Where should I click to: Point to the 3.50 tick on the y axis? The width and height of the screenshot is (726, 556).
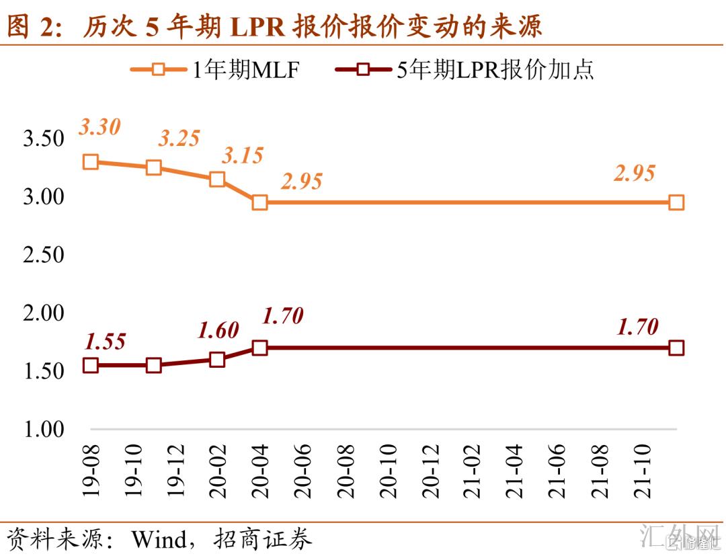44,139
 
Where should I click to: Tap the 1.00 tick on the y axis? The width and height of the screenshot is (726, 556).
44,429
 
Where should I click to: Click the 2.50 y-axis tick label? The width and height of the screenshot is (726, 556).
44,255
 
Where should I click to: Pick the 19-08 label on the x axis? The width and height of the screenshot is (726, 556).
91,470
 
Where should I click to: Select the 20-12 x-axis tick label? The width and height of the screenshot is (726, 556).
431,470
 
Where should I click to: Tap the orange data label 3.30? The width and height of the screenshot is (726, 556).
99,126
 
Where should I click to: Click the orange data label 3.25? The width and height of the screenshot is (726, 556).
179,138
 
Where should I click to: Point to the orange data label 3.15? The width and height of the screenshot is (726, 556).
243,156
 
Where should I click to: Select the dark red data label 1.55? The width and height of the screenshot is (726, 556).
106,342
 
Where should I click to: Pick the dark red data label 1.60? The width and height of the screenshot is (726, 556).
218,330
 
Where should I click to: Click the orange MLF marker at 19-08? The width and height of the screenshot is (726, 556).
91,161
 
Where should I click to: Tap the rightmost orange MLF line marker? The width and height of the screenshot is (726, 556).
676,202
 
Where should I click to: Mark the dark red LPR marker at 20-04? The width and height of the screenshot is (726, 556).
260,348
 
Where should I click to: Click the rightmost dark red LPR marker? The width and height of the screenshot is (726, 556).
676,348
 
